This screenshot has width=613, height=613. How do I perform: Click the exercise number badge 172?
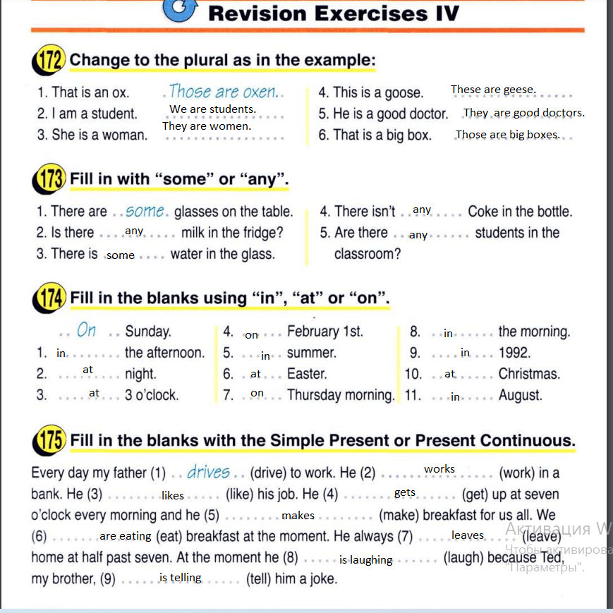click(50, 61)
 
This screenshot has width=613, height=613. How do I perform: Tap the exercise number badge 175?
click(50, 442)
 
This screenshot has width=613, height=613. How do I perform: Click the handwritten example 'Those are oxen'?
click(224, 92)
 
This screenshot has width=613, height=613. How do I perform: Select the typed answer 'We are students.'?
click(212, 109)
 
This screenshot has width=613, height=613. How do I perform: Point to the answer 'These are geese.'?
click(493, 90)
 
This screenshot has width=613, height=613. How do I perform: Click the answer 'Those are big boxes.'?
click(507, 134)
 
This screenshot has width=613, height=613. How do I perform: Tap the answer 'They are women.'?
click(206, 126)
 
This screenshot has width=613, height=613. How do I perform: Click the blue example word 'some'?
click(145, 211)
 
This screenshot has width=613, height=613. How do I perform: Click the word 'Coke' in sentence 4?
click(482, 212)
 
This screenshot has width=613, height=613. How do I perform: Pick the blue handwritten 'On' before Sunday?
click(86, 330)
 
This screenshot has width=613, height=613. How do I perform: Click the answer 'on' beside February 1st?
click(251, 335)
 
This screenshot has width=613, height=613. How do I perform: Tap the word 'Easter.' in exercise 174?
click(307, 374)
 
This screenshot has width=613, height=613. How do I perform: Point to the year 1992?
click(514, 353)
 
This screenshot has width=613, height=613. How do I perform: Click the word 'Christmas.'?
click(529, 374)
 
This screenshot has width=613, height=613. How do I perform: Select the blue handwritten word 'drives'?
click(209, 472)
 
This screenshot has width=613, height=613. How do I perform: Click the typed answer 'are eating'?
click(126, 536)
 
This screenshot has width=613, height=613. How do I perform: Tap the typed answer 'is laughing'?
click(365, 560)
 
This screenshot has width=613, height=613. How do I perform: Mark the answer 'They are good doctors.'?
click(524, 113)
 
